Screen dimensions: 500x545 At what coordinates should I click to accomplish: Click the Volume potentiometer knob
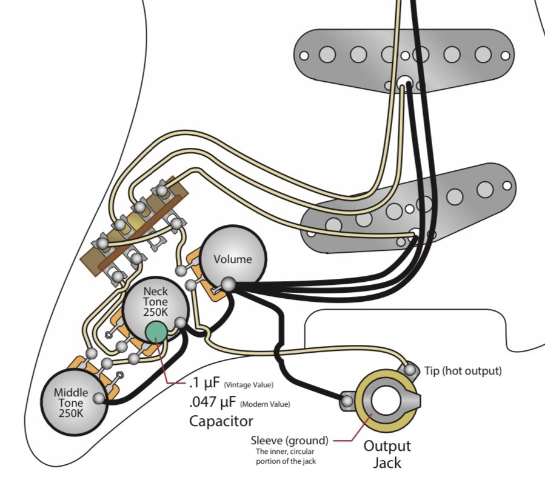click(x=233, y=255)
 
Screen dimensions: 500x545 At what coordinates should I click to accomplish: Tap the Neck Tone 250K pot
click(x=155, y=303)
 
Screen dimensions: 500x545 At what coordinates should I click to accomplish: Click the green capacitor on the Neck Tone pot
click(x=156, y=332)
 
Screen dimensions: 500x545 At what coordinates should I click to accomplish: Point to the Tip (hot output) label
click(x=463, y=371)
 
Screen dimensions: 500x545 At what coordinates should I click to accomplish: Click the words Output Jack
click(x=387, y=455)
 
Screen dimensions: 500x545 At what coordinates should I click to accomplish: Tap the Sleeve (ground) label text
click(x=290, y=440)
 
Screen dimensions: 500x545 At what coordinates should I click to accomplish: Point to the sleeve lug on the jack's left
click(x=347, y=401)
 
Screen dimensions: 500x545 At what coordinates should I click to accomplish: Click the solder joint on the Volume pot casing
click(x=229, y=284)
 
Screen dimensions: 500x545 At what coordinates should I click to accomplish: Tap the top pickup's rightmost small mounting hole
click(x=505, y=56)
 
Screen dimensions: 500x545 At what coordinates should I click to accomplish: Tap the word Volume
click(x=233, y=259)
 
